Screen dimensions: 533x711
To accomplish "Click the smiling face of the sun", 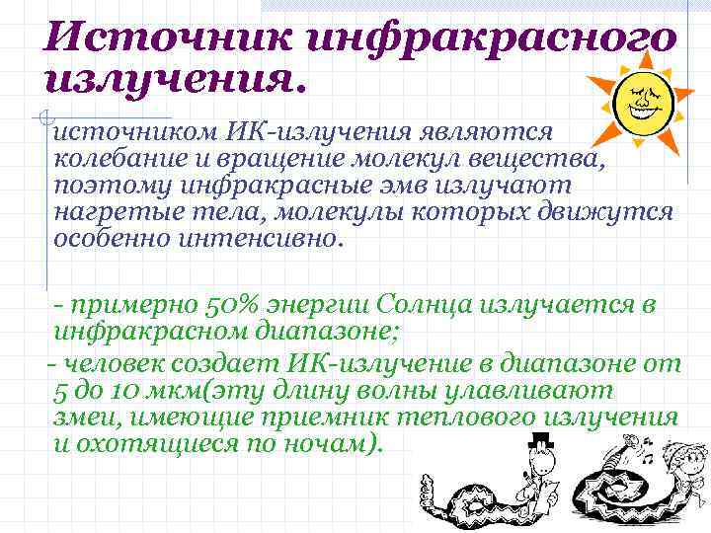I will tap(642, 99).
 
